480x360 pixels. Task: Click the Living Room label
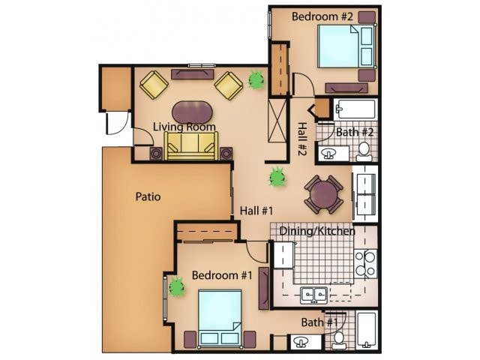point(184,127)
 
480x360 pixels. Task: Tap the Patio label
point(148,197)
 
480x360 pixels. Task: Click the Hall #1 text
point(255,211)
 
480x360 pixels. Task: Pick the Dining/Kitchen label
point(317,231)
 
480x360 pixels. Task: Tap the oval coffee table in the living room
point(192,111)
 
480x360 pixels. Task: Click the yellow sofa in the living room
point(191,145)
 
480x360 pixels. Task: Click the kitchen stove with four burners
point(365,264)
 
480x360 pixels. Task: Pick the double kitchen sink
point(313,294)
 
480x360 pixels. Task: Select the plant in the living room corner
point(256,79)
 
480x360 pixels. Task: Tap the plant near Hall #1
point(277,178)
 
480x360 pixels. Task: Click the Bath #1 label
point(319,322)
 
